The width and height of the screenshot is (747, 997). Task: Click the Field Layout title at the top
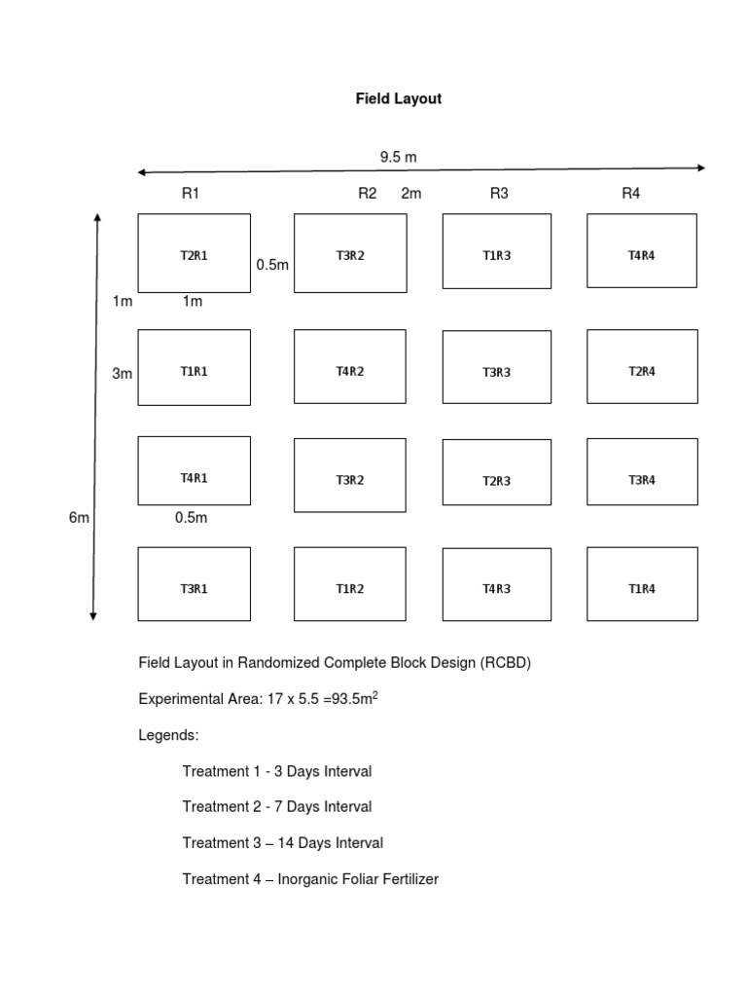398,99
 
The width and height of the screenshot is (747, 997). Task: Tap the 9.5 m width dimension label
398,156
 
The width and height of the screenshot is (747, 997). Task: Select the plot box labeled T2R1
194,253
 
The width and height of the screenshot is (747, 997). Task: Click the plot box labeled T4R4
642,251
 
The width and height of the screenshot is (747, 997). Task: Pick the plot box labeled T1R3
496,252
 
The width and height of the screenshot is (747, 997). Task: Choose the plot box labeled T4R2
349,367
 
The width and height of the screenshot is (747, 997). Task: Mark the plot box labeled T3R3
496,368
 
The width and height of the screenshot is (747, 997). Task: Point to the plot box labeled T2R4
642,367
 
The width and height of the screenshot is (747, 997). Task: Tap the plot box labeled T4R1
194,471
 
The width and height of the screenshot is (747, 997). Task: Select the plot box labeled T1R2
349,584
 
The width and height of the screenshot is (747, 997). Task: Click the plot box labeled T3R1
194,584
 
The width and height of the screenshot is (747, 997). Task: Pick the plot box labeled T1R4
642,584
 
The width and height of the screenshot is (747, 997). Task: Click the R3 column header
499,194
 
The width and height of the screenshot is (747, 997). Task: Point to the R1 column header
191,194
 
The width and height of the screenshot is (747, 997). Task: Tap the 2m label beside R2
411,194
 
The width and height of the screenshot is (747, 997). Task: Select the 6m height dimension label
79,518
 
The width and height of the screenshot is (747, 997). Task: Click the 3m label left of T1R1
122,373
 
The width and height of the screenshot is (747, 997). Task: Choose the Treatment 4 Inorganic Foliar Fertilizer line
310,879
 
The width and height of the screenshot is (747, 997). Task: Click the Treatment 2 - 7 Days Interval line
276,807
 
